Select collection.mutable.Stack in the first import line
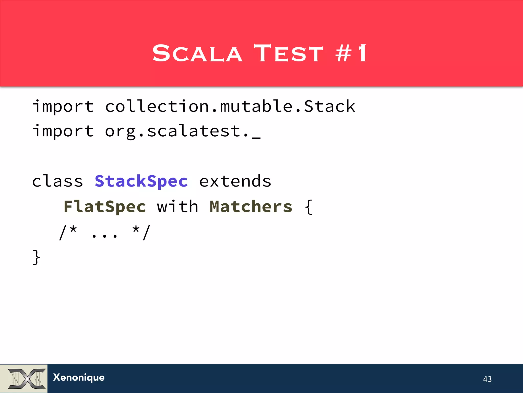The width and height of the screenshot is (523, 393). point(230,106)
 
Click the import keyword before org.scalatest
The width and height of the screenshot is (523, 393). point(63,131)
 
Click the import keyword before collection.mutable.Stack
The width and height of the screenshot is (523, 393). point(63,106)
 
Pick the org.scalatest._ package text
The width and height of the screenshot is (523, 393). point(183,131)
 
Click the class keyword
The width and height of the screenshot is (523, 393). point(57,181)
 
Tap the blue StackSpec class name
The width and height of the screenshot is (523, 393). point(141,181)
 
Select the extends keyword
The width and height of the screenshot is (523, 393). point(235,181)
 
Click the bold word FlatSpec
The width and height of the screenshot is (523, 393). point(105,207)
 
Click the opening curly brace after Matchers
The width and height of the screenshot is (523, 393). point(309,207)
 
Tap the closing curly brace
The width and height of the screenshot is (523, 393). point(37,257)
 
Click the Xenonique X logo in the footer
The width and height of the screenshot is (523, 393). point(24,379)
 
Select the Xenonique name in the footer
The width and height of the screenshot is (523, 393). point(79,378)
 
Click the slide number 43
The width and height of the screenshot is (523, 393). point(487,379)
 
